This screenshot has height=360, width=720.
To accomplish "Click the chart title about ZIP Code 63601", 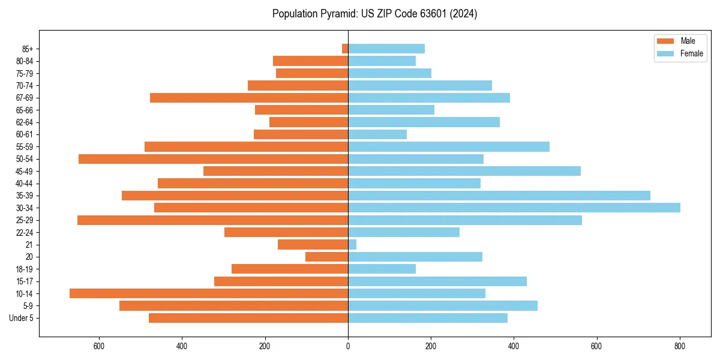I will pyautogui.click(x=374, y=14).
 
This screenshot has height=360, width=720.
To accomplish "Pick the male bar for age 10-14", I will pyautogui.click(x=209, y=293).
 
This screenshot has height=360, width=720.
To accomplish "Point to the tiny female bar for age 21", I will pyautogui.click(x=352, y=244).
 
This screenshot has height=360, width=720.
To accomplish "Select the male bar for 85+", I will pyautogui.click(x=345, y=49).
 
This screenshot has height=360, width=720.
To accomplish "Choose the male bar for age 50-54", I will pyautogui.click(x=213, y=159).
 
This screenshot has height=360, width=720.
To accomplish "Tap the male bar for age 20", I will pyautogui.click(x=326, y=257).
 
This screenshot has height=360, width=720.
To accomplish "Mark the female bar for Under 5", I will pyautogui.click(x=428, y=318).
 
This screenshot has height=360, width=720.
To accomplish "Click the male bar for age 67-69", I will pyautogui.click(x=249, y=98).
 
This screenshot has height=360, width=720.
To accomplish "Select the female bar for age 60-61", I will pyautogui.click(x=377, y=134).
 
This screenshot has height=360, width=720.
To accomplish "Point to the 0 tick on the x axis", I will pyautogui.click(x=348, y=346).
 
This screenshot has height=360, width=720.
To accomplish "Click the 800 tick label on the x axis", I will pyautogui.click(x=680, y=346).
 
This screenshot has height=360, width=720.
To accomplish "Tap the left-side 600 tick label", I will pyautogui.click(x=99, y=346).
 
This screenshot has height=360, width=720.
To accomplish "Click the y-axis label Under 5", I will pyautogui.click(x=22, y=318).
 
